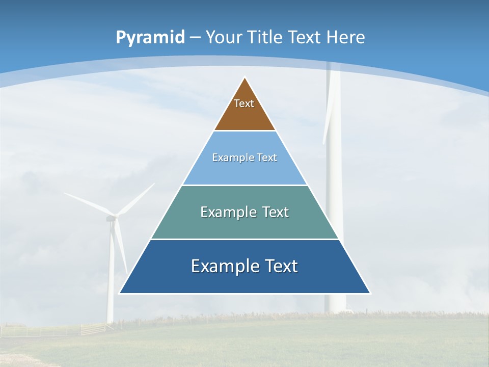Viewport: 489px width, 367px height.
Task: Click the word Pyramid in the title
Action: point(150,38)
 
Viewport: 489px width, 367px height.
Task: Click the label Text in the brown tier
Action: point(244,103)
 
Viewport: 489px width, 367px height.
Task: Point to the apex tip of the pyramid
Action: point(245,78)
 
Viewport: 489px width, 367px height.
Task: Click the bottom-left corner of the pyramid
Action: point(120,293)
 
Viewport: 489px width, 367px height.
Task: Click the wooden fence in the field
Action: point(92,329)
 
